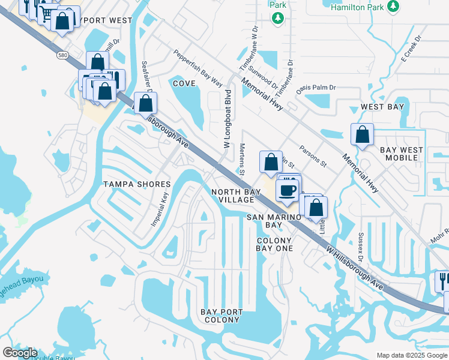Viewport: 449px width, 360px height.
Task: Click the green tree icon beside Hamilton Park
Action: [393, 7]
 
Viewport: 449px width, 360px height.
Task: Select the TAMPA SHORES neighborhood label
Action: [137, 184]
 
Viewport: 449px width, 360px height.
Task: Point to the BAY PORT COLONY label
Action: [222, 316]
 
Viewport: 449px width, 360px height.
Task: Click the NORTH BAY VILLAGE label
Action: [236, 196]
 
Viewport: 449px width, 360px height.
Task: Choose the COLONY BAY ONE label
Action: [274, 244]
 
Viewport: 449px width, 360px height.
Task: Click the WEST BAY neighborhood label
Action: [382, 107]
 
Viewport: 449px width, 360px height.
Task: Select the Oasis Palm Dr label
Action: [316, 88]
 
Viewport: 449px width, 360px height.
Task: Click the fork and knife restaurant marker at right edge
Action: [443, 280]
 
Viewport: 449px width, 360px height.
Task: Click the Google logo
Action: [20, 353]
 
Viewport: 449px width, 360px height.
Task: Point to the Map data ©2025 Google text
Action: [411, 355]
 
